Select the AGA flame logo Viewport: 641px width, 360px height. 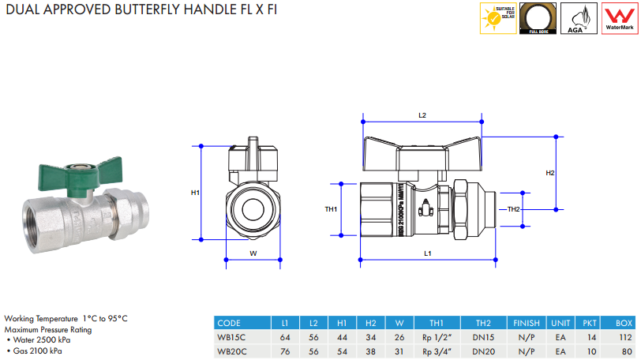[579, 17]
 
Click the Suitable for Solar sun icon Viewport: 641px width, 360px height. [499, 17]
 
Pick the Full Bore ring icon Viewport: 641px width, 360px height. [539, 17]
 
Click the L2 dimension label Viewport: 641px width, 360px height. [422, 115]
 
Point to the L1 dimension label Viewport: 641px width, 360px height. [427, 253]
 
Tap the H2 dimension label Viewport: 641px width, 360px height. [550, 172]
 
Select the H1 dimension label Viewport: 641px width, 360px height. [195, 192]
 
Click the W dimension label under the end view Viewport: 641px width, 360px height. [253, 253]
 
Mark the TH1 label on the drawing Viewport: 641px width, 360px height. [332, 209]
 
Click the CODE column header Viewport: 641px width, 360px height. [229, 323]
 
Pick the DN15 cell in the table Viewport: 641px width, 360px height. [483, 336]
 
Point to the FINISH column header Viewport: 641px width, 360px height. [526, 323]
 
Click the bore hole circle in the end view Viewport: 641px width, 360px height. [253, 210]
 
